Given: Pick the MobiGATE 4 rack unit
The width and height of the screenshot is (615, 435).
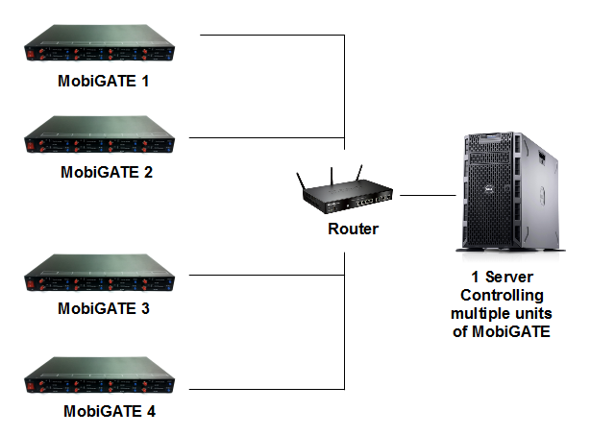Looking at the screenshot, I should [102, 378].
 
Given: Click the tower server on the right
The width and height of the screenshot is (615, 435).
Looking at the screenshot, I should [505, 193].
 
